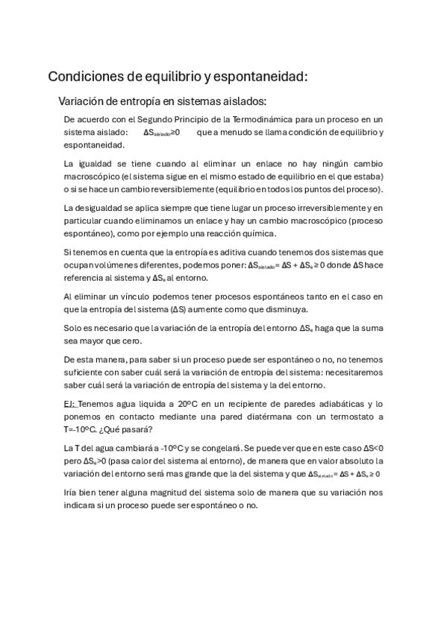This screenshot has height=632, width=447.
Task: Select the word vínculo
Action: click(128, 297)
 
